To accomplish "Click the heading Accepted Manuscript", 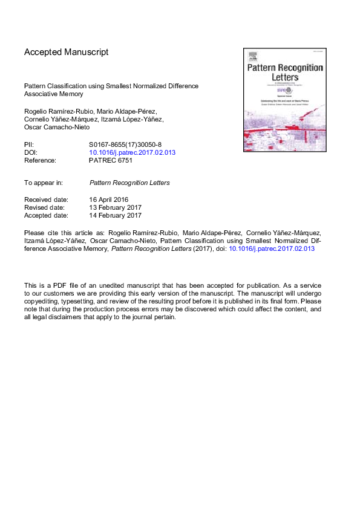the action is [x=67, y=52].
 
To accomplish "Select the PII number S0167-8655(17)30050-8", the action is [x=125, y=145].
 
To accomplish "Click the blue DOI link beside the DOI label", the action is [x=132, y=153].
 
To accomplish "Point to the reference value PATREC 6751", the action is [x=111, y=161].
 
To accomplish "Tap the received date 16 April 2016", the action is [x=109, y=199].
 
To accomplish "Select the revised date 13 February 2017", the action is [x=115, y=207].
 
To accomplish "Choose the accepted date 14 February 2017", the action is [x=115, y=215].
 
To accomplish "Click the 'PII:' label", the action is [x=29, y=145].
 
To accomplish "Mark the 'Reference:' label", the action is [x=40, y=161].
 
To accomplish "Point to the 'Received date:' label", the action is [x=46, y=199].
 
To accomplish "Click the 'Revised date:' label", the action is [x=45, y=207].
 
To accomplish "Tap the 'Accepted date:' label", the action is [x=46, y=215].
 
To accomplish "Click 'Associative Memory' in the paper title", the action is [x=53, y=94].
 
